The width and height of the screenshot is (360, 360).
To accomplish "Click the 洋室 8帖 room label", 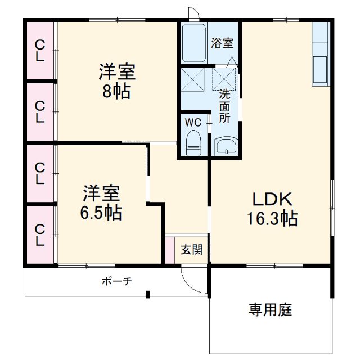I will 116,82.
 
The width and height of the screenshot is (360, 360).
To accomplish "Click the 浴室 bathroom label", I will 222,43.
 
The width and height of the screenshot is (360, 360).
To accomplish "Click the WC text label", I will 192,121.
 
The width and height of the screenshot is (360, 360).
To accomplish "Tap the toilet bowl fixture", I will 193,143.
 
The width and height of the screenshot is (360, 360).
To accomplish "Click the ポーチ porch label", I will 116,281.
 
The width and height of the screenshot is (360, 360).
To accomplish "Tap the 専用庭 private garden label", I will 271,309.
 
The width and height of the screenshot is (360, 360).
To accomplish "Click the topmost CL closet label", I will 40,50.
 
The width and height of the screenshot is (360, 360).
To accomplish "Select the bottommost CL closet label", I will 40,235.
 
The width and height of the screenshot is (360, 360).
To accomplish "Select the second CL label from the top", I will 40,111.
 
